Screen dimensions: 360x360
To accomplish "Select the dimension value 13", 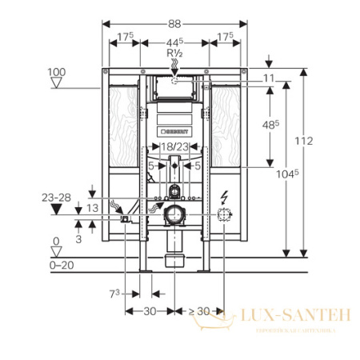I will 94,208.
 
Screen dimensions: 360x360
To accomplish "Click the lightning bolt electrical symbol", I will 224,194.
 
